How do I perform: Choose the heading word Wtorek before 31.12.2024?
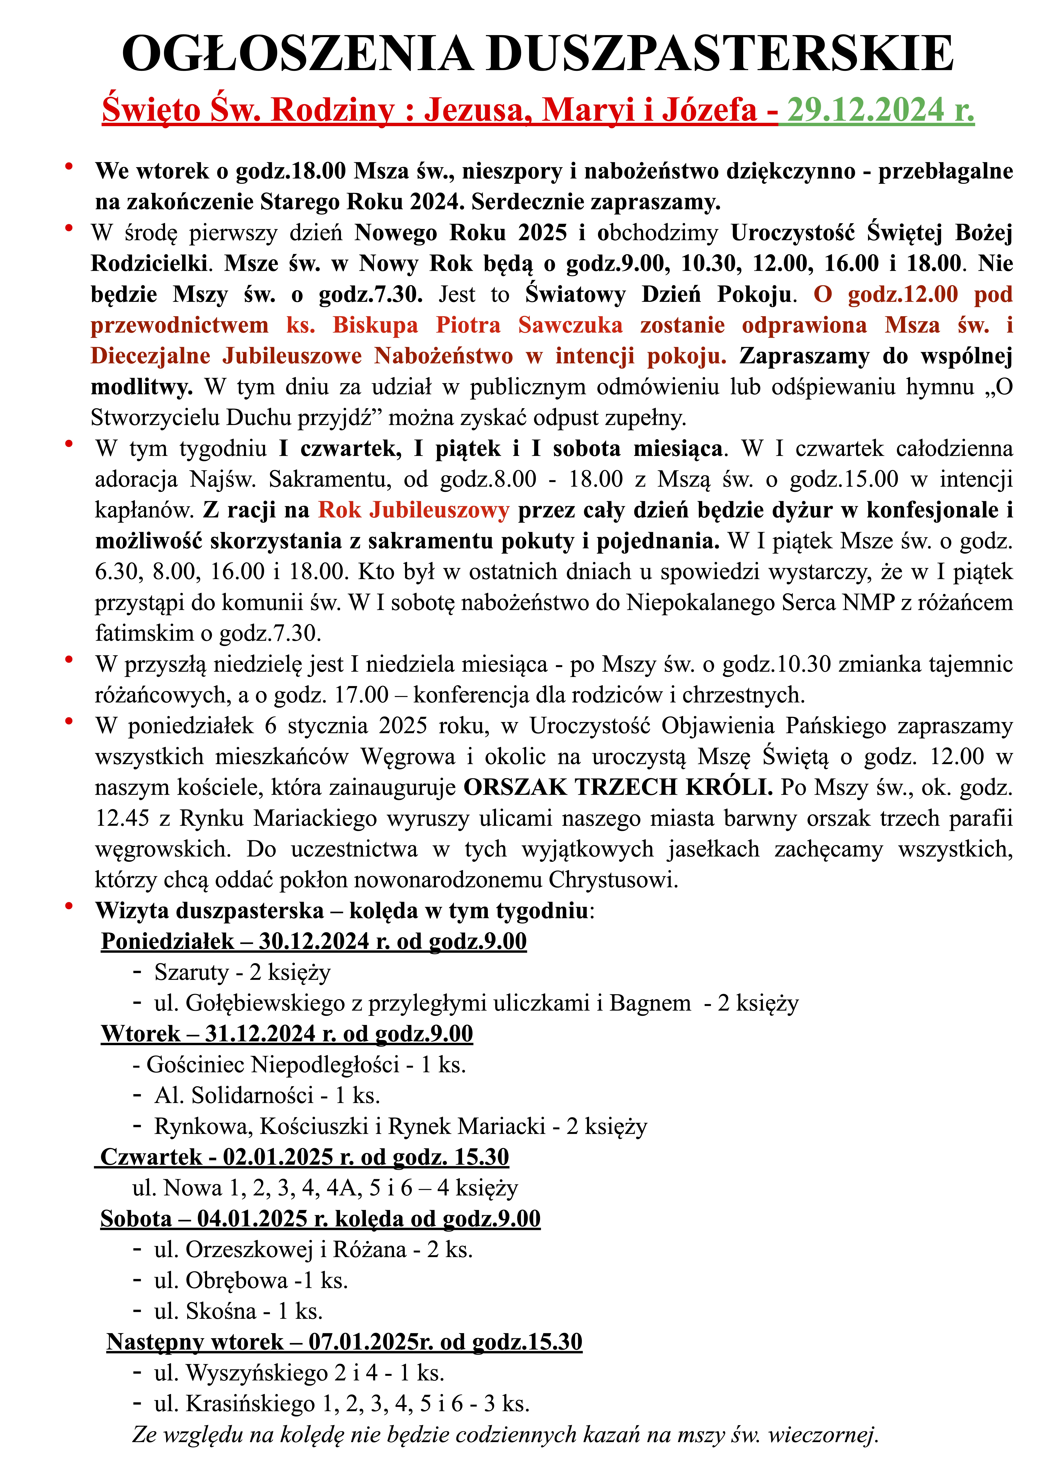pyautogui.click(x=140, y=1034)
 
